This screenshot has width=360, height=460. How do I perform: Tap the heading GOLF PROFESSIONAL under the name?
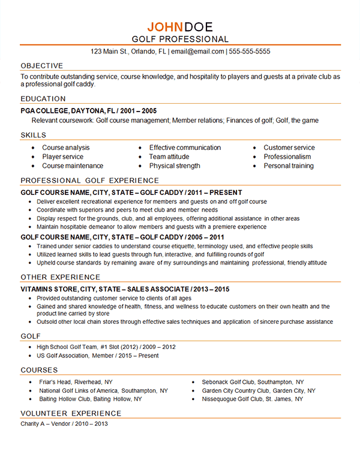click(180, 39)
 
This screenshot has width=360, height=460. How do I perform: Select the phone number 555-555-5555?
click(250, 52)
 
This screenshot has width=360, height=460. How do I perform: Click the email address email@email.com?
click(197, 52)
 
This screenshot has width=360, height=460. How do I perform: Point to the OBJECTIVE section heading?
click(41, 65)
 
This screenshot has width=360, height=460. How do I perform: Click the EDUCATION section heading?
click(43, 99)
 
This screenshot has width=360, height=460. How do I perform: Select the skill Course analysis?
click(66, 148)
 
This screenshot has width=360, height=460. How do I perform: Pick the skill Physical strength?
click(175, 166)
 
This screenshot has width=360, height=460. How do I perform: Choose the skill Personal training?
click(289, 166)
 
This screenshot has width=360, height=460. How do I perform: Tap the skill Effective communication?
click(185, 148)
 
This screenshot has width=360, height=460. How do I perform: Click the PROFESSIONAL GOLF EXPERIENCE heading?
click(89, 181)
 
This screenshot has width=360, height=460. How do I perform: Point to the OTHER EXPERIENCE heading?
click(61, 277)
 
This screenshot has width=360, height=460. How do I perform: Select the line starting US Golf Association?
click(97, 356)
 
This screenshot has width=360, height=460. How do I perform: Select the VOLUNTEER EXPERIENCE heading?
click(71, 414)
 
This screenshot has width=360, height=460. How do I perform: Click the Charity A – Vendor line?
click(64, 425)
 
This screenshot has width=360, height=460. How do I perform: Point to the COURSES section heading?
click(39, 370)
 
